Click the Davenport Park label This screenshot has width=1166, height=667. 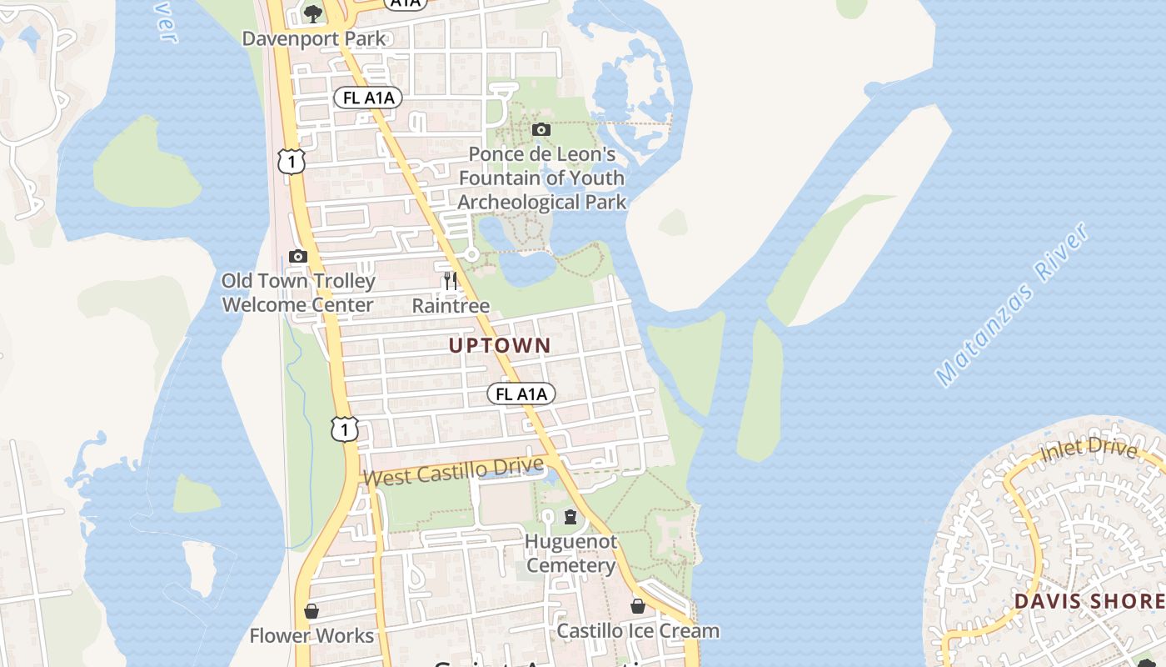[314, 38]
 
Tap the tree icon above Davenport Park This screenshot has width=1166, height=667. [313, 13]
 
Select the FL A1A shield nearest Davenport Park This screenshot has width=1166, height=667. [368, 98]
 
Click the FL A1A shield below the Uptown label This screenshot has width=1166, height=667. [521, 394]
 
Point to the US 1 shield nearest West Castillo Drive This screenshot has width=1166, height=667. [344, 429]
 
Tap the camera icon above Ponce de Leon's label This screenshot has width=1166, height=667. [541, 129]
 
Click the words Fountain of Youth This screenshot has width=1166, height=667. [541, 178]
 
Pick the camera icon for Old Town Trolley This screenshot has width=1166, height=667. [297, 256]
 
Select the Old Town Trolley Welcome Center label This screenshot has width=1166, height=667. [298, 293]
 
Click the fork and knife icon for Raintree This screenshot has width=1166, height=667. [451, 280]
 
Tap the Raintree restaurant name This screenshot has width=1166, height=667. [451, 306]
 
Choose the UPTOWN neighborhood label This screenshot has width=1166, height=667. [500, 345]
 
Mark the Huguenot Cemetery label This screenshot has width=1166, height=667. [571, 554]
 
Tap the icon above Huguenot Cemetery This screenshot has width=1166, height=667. [570, 517]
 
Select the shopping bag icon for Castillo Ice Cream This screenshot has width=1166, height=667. [637, 606]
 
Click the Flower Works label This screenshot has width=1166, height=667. [311, 636]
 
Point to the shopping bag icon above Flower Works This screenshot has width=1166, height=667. [311, 611]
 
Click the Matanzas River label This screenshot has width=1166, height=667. [1011, 305]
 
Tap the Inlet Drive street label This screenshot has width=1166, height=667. [1089, 451]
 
